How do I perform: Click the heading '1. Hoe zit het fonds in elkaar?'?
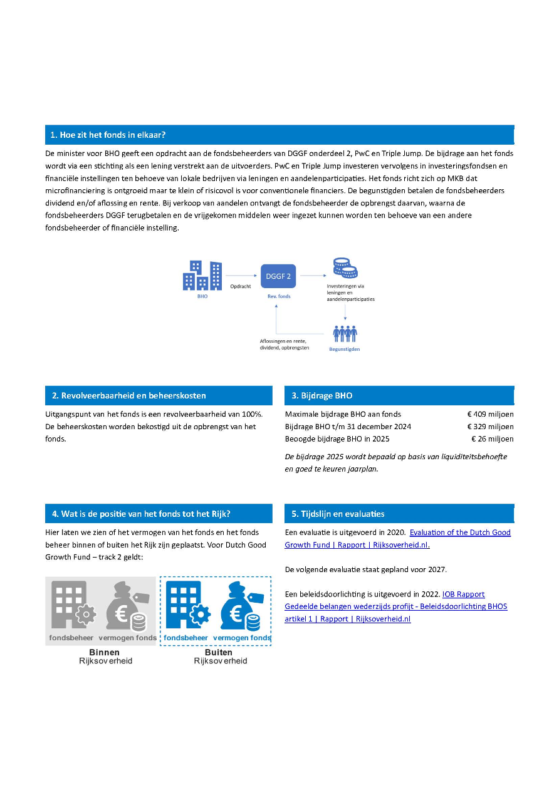(x=108, y=135)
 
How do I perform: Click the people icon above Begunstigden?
(x=345, y=333)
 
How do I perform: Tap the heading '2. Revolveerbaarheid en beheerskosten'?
(x=128, y=395)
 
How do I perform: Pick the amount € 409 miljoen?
(x=490, y=414)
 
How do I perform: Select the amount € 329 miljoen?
(x=490, y=427)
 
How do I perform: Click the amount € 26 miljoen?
(x=492, y=439)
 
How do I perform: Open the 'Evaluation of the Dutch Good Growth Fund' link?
(x=460, y=533)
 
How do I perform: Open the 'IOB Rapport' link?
(x=463, y=594)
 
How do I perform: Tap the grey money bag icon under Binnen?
(x=125, y=606)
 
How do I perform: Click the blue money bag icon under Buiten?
(x=241, y=606)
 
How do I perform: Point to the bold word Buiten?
(x=218, y=652)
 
